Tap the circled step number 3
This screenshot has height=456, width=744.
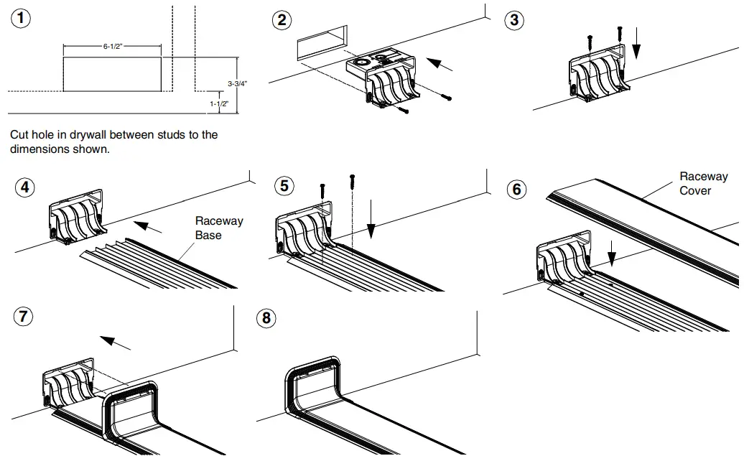coord(513,19)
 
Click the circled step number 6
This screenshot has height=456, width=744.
coord(516,190)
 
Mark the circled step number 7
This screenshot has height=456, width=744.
coord(24,316)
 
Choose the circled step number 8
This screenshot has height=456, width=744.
coord(266,317)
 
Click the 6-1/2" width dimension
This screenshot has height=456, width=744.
coord(113,46)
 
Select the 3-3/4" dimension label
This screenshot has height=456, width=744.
coord(237,83)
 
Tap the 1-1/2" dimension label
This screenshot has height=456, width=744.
coord(219,104)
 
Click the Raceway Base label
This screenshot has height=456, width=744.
coord(219,228)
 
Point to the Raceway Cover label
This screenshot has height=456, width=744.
coord(703,183)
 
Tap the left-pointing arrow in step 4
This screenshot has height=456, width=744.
coord(149,228)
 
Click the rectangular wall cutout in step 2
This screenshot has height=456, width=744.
coord(322,48)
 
